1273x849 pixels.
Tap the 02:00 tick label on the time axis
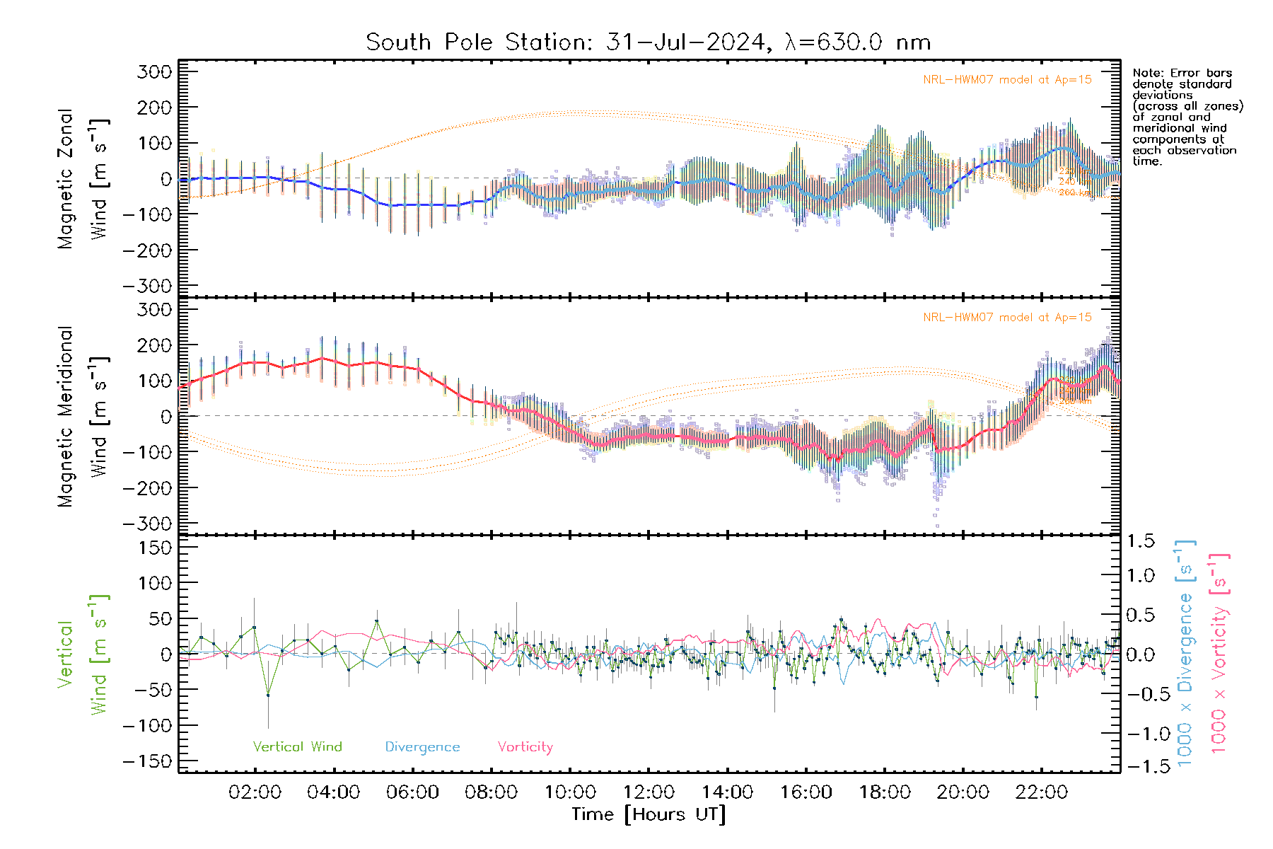tap(255, 792)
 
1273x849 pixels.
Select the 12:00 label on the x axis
tap(649, 792)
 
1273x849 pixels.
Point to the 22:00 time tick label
tap(1041, 792)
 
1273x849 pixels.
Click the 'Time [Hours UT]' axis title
tap(649, 814)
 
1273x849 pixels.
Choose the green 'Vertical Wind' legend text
tap(297, 746)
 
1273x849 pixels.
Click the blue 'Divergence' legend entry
tap(422, 746)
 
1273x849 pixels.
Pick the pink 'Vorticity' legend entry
tap(525, 746)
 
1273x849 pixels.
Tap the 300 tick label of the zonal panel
tap(154, 71)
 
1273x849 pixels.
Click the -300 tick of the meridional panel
tap(147, 524)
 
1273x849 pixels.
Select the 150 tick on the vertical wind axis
tap(154, 548)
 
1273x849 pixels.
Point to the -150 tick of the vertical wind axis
tap(147, 761)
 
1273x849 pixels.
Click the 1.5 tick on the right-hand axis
tap(1140, 541)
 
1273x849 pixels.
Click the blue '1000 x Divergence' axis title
tap(1185, 652)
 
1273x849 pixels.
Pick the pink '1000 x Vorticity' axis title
tap(1219, 652)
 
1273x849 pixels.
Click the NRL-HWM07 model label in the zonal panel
tap(1007, 80)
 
